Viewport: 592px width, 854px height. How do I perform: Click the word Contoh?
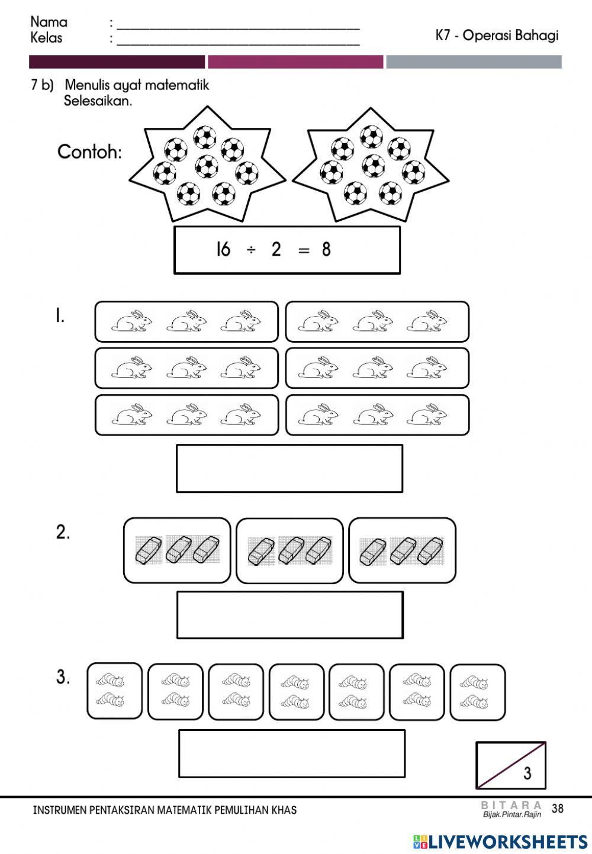coord(89,153)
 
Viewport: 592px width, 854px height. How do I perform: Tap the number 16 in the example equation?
coord(223,250)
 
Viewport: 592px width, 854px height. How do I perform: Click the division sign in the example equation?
coord(251,250)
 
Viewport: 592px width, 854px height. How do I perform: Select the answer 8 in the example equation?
coord(326,250)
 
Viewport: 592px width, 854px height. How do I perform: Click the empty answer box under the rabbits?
coord(289,468)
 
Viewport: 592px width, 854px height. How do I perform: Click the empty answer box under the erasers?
coord(290,615)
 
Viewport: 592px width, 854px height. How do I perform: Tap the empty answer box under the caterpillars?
coord(292,753)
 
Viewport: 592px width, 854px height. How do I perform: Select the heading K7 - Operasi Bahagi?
coord(497,36)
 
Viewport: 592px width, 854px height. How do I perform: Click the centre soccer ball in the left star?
coord(207,166)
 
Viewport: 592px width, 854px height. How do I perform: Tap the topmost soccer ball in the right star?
coord(372,136)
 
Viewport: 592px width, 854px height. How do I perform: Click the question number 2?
coord(63,532)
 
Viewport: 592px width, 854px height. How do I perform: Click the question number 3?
coord(63,678)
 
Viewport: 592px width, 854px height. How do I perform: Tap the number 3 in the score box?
coord(527,773)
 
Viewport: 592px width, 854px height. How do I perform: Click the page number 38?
coord(557,808)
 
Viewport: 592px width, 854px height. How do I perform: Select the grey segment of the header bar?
coord(474,62)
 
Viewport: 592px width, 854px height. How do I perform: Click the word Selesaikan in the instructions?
coord(98,101)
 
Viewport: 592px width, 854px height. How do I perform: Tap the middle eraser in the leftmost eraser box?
coord(178,550)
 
